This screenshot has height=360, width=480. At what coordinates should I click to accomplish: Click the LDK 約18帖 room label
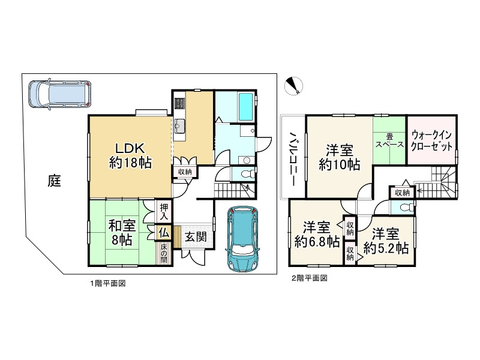(130, 155)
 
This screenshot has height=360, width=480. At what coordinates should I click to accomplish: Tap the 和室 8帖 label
(122, 232)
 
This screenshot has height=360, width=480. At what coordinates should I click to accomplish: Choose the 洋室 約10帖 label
(339, 157)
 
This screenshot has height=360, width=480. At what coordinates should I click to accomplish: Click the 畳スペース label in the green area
(389, 140)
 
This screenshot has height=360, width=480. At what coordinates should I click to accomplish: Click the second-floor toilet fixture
(404, 208)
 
